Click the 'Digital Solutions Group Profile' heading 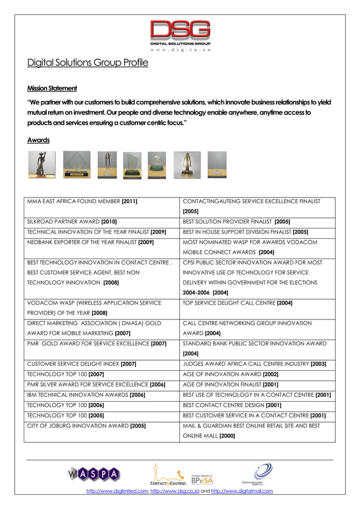click(87, 63)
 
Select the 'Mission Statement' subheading click(52, 89)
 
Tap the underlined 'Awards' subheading click(38, 140)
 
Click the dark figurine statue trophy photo click(42, 164)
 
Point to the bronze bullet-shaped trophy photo click(186, 164)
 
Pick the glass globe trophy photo click(157, 164)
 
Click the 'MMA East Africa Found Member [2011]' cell click(83, 201)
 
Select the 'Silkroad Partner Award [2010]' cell click(72, 222)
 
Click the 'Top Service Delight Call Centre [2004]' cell click(238, 303)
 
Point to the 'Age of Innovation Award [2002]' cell click(231, 374)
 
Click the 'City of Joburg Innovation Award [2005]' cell click(86, 425)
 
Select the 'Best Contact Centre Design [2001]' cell click(232, 405)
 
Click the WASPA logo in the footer click(94, 475)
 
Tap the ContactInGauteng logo click(168, 474)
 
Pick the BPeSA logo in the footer click(203, 480)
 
